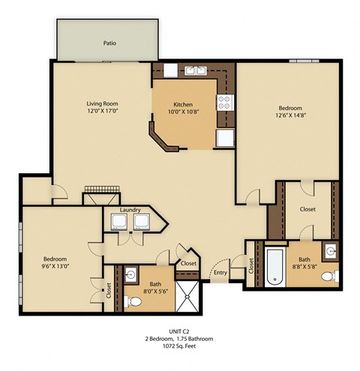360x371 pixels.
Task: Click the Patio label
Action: coord(109,43)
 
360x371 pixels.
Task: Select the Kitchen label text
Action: coord(184,105)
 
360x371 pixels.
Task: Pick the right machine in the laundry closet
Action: coord(141,222)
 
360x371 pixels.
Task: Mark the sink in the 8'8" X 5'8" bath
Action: coord(331,250)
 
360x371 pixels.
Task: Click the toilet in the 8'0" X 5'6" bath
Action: coord(133,301)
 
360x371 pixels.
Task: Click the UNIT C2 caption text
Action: coord(180,331)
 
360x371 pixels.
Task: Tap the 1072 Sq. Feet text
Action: coord(180,347)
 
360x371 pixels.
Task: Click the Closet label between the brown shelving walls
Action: coord(307,210)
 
